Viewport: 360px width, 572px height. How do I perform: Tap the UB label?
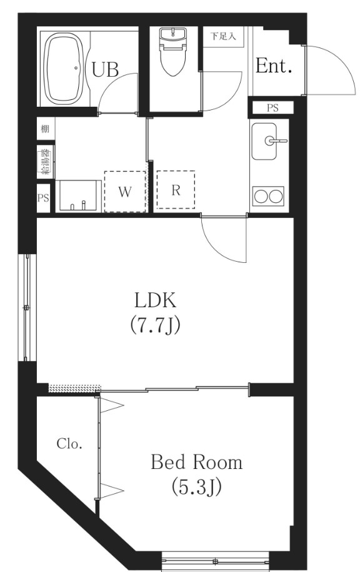pyautogui.click(x=105, y=69)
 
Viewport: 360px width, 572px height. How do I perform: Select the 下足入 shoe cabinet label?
pyautogui.click(x=224, y=36)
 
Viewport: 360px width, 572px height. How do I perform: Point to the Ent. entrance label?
pyautogui.click(x=274, y=66)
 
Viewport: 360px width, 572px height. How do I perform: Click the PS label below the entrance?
pyautogui.click(x=272, y=108)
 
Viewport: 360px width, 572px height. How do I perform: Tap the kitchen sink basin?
pyautogui.click(x=264, y=141)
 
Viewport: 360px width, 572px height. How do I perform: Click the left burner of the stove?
pyautogui.click(x=261, y=196)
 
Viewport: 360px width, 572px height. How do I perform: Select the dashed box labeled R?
pyautogui.click(x=176, y=190)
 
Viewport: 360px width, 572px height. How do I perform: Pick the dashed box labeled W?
pyautogui.click(x=125, y=192)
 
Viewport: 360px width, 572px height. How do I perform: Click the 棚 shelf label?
pyautogui.click(x=45, y=129)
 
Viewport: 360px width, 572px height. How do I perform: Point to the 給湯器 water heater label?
pyautogui.click(x=46, y=162)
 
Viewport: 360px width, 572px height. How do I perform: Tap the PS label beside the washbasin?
pyautogui.click(x=43, y=198)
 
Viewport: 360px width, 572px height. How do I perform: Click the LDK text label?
pyautogui.click(x=156, y=300)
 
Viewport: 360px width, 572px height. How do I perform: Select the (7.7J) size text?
pyautogui.click(x=156, y=326)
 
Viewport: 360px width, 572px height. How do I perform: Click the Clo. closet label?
pyautogui.click(x=69, y=444)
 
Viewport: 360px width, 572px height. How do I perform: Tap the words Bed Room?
pyautogui.click(x=196, y=462)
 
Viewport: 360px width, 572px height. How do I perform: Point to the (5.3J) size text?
pyautogui.click(x=196, y=487)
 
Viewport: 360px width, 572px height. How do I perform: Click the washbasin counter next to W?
pyautogui.click(x=78, y=195)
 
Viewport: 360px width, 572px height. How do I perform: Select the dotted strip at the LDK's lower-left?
pyautogui.click(x=74, y=388)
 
